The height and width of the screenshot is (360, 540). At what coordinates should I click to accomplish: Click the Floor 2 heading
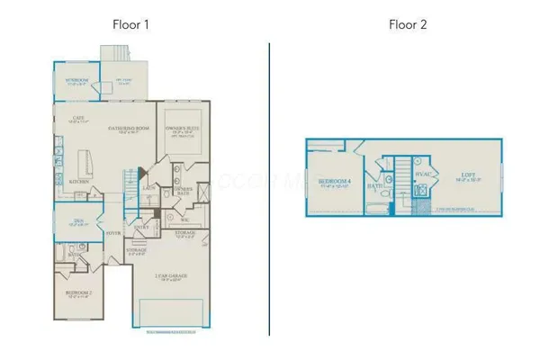(x=409, y=24)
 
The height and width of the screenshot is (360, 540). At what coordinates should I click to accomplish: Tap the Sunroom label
(x=77, y=82)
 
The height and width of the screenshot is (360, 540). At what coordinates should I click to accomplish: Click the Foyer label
(x=113, y=231)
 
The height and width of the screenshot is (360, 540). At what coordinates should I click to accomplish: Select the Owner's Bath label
(x=184, y=190)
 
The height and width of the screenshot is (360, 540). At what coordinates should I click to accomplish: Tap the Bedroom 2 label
(x=79, y=293)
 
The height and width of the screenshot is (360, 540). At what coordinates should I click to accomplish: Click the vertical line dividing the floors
(x=269, y=188)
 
